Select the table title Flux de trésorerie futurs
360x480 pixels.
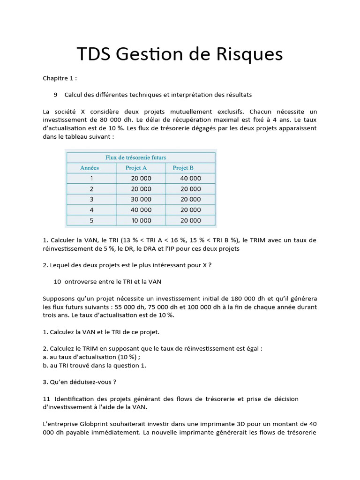[136, 157]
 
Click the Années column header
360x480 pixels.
[89, 168]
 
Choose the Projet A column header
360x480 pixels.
[136, 168]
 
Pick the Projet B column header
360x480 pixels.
[183, 168]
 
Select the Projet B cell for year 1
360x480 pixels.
[190, 178]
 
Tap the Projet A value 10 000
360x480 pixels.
[141, 220]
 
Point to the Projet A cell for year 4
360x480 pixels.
[141, 210]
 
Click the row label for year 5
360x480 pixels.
[91, 220]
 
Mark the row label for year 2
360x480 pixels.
[91, 189]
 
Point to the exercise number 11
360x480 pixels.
[46, 398]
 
